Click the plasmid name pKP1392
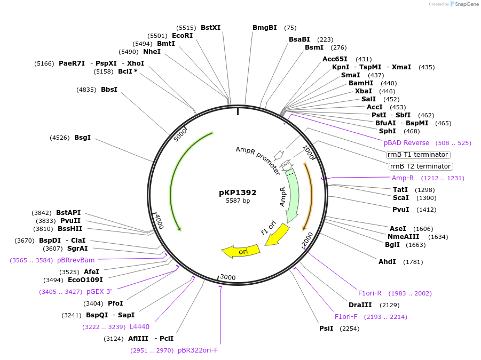point(238,193)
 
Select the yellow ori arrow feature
point(241,251)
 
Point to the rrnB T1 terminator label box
point(418,155)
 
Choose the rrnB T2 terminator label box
point(420,166)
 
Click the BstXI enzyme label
point(210,28)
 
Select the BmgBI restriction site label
point(265,28)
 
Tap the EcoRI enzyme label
point(182,36)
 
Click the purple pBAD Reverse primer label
point(406,143)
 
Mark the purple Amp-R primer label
point(403,178)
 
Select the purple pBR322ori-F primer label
point(198,350)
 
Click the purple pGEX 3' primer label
point(99,292)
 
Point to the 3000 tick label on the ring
point(228,277)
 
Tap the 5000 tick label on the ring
point(181,135)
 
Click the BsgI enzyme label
point(82,138)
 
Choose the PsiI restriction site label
point(326,329)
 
